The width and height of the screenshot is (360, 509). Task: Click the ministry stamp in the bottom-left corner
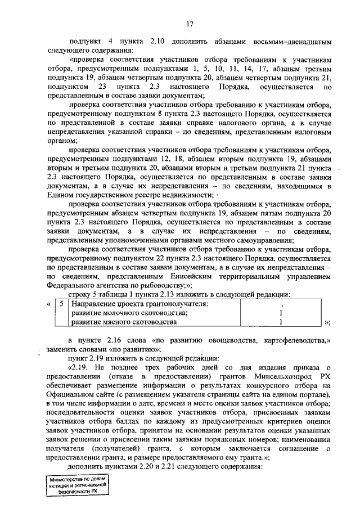tap(78, 483)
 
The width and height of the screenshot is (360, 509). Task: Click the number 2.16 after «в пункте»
tap(105, 341)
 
